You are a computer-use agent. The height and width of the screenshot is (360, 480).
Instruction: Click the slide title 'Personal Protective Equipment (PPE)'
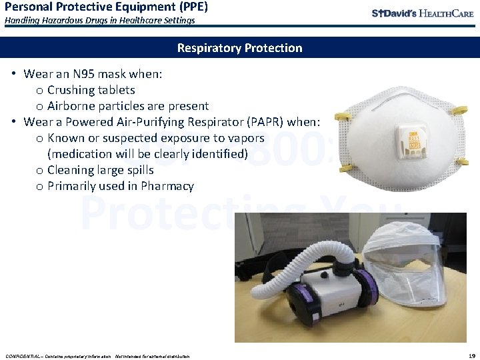(x=106, y=7)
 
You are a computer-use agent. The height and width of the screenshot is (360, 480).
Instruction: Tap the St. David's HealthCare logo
(x=423, y=13)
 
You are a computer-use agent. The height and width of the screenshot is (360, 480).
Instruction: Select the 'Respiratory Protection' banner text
(x=239, y=48)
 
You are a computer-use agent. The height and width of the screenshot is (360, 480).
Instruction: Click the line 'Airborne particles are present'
(x=128, y=106)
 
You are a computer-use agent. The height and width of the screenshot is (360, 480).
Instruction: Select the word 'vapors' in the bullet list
(x=245, y=138)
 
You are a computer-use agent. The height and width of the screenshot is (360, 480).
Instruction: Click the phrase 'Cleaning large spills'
(x=101, y=170)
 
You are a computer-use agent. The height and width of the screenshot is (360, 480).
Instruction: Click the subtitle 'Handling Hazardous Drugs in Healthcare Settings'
(x=100, y=21)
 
